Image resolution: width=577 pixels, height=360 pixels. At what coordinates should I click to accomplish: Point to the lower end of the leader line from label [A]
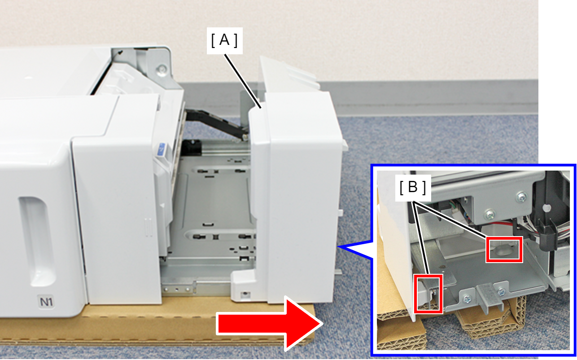pos(261,108)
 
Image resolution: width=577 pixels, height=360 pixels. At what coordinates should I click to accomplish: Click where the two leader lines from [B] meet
pos(413,202)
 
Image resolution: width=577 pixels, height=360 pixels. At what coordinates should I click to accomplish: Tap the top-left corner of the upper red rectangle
pos(486,237)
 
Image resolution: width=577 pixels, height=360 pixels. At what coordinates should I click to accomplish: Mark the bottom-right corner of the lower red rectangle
pos(442,314)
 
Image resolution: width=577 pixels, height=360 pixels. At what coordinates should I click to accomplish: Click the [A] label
pos(224,41)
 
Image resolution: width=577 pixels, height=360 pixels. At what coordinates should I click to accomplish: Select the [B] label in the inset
pos(413,187)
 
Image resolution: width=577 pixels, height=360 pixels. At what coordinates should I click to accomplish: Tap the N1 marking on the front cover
pos(46,301)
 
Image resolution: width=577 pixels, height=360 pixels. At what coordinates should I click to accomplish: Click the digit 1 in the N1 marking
pos(51,302)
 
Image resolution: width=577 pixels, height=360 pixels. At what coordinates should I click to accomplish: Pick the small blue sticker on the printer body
pos(162,149)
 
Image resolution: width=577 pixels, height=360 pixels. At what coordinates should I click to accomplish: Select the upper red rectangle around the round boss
pos(504,250)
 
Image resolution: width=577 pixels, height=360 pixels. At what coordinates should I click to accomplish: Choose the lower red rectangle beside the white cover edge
pos(428,294)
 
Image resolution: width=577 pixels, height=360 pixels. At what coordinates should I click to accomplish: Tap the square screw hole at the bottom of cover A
pos(245,294)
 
